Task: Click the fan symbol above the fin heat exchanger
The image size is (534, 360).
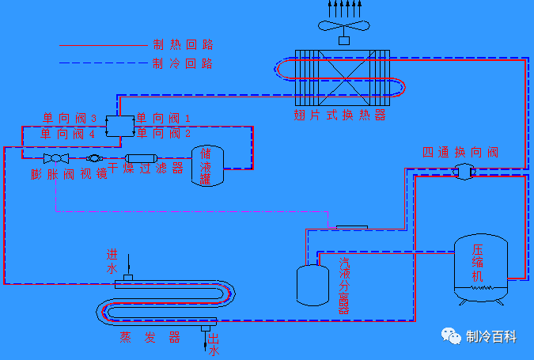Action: tap(343, 25)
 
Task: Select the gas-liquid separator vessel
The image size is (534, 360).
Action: tap(312, 284)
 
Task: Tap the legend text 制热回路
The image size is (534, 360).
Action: tap(183, 45)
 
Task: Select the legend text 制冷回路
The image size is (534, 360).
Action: tap(183, 63)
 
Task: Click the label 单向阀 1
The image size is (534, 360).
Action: tap(164, 118)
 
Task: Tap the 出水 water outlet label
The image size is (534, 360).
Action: tap(214, 346)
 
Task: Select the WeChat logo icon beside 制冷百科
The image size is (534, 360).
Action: tap(451, 336)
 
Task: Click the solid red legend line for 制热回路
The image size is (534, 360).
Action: tap(103, 45)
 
